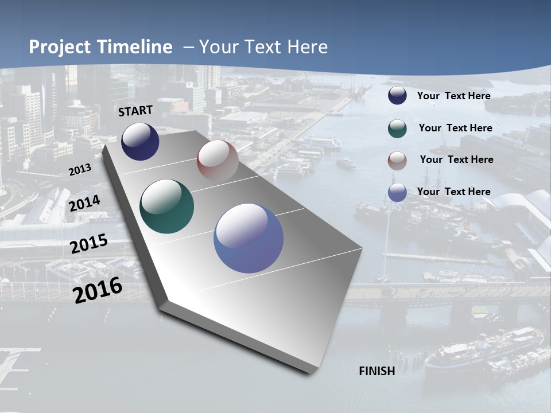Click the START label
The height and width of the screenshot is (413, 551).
click(x=135, y=111)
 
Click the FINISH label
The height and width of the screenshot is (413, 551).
click(x=377, y=371)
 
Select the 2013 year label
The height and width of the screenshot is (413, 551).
click(x=80, y=170)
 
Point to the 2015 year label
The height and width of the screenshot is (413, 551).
click(x=89, y=244)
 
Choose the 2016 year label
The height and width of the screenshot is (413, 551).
click(x=98, y=290)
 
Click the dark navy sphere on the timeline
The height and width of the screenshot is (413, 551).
click(x=140, y=142)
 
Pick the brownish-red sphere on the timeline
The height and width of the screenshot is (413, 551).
click(x=218, y=160)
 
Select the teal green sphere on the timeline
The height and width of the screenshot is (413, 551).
click(x=167, y=206)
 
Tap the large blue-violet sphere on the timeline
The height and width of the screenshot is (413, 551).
click(x=249, y=238)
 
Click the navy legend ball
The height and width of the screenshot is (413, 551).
click(x=397, y=96)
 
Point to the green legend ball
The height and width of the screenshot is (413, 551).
click(x=397, y=128)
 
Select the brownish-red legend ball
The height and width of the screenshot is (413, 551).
click(x=397, y=161)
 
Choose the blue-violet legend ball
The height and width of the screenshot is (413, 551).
click(x=397, y=192)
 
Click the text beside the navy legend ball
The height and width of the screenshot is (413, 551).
click(x=453, y=96)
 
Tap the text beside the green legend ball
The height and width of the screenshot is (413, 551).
click(x=455, y=128)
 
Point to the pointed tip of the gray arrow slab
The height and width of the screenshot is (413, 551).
click(x=313, y=372)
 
